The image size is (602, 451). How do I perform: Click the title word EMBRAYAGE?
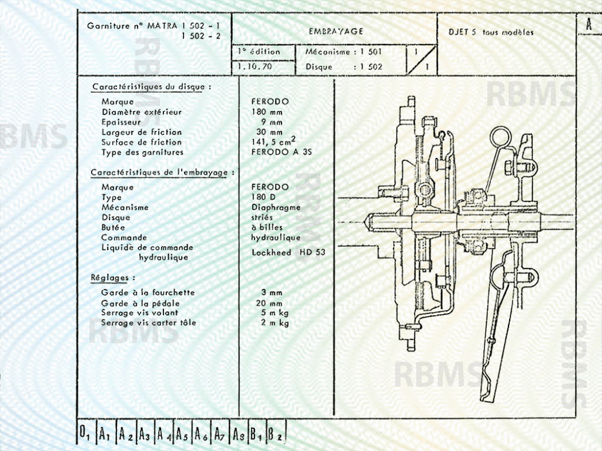(x=336, y=31)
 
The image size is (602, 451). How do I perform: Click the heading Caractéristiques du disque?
(x=150, y=87)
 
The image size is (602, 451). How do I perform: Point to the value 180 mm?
(x=267, y=112)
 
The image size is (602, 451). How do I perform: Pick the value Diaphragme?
(x=276, y=207)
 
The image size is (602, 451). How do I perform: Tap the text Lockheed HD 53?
(x=288, y=252)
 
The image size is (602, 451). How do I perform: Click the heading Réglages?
(x=113, y=277)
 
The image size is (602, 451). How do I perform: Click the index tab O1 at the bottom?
(x=84, y=434)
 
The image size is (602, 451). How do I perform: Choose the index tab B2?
(x=275, y=435)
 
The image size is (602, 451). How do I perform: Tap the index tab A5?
(x=182, y=435)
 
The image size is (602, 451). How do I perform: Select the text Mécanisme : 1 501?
(x=344, y=52)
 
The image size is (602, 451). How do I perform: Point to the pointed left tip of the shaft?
(x=367, y=223)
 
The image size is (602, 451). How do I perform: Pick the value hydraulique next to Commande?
(x=276, y=237)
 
